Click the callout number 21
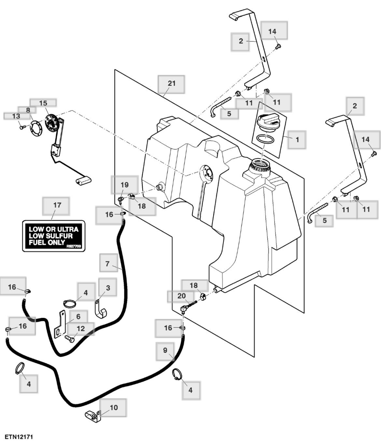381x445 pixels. (171, 83)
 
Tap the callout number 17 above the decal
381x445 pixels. (57, 205)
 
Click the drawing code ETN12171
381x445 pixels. (19, 437)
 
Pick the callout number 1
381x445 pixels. (297, 139)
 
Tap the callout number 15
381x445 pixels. (43, 103)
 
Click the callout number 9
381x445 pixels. (165, 350)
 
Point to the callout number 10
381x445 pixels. (114, 408)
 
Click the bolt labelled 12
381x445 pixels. (69, 339)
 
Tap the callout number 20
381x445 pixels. (181, 296)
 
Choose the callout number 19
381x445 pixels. (125, 185)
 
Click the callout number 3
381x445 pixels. (108, 288)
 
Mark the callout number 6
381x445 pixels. (78, 317)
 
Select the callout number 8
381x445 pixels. (28, 110)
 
